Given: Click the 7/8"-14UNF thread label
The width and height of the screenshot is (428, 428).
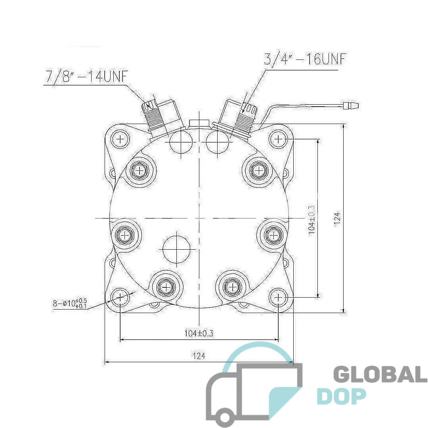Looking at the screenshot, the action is (87, 76).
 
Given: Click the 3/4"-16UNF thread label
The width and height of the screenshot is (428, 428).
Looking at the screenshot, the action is (305, 59).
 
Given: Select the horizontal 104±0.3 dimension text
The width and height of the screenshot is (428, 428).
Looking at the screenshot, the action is (199, 333).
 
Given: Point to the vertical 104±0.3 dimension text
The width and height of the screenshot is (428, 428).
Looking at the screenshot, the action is (312, 220).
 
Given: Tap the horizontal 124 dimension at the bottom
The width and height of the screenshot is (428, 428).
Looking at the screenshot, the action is (199, 356).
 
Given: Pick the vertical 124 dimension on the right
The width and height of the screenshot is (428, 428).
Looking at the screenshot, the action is (338, 219).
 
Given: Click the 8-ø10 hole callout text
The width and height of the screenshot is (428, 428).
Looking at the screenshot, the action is (70, 303).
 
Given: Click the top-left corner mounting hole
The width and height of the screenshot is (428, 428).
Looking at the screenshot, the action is (120, 139).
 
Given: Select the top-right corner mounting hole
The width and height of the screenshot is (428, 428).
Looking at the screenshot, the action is (278, 139).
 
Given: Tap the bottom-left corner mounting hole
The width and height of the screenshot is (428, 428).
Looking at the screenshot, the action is (120, 297).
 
